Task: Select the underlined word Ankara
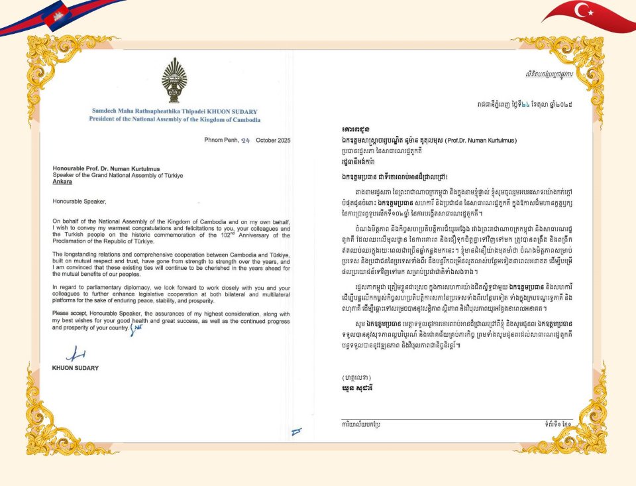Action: pos(63,180)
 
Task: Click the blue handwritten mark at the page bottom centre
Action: pos(296,432)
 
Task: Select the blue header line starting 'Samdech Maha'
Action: pos(174,111)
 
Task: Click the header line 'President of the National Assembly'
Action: pos(174,119)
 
